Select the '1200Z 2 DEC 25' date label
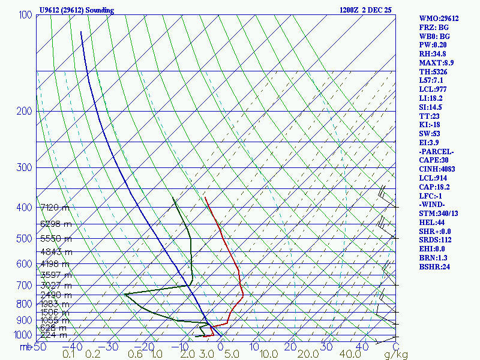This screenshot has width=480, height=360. pos(365,10)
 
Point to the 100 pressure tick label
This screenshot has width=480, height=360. pos(25,15)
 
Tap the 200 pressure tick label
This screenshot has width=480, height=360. pos(25,111)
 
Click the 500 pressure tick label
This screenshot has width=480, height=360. pos(25,239)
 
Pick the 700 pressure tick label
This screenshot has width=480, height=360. pos(25,285)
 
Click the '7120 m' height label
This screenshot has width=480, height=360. pos(55,208)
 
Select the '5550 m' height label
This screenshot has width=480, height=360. pos(55,239)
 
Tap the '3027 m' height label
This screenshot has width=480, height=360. pos(55,285)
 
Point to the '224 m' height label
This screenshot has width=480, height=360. pos(55,335)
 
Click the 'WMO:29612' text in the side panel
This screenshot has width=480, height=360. pos(439,19)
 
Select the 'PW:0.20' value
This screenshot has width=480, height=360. pos(434,44)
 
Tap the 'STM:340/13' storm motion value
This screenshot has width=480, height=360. pos(439,214)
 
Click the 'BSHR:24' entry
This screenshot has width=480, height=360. pos(434,266)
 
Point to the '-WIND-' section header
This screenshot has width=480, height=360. pos(432,205)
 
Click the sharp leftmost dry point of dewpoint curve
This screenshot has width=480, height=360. pos(124,294)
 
